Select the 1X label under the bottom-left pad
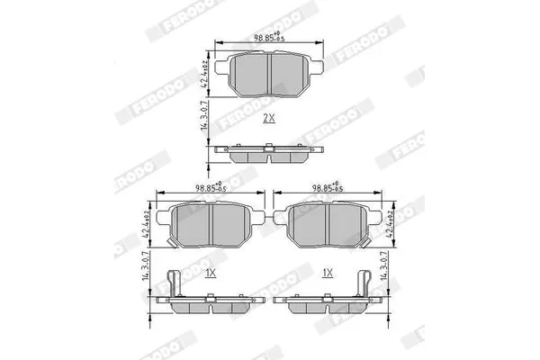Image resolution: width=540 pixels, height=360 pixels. coord(210,271)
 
